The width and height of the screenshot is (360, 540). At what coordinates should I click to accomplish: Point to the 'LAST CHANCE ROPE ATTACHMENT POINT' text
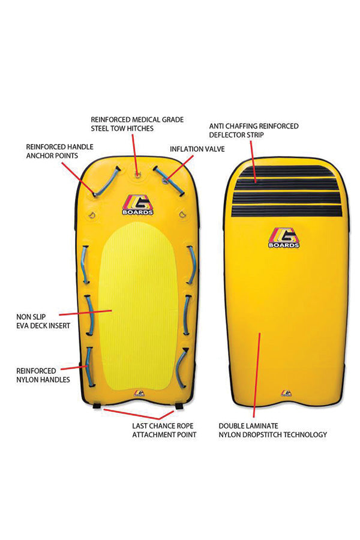click(x=164, y=430)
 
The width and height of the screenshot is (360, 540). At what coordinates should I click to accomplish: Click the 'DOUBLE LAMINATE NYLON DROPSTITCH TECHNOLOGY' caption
click(x=272, y=430)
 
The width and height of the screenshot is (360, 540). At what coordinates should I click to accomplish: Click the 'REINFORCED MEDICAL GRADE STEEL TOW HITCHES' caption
click(x=137, y=124)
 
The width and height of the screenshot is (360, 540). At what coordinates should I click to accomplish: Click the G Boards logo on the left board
click(x=138, y=205)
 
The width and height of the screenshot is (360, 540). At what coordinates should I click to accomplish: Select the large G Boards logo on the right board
click(x=284, y=238)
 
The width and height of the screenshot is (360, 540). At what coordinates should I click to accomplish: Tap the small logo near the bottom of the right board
click(x=286, y=394)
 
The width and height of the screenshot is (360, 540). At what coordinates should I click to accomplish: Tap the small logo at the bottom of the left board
click(x=139, y=394)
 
